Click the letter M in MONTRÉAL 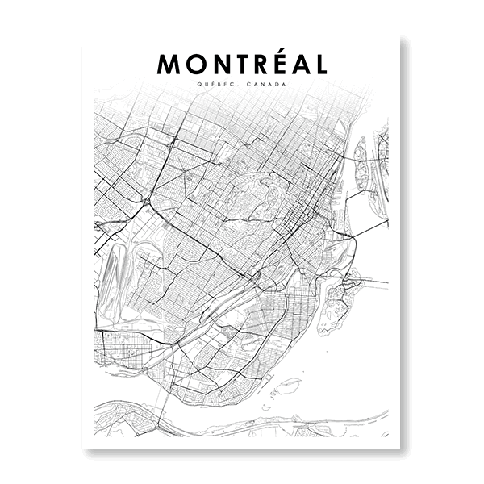170,65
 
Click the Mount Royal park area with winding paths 250,194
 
